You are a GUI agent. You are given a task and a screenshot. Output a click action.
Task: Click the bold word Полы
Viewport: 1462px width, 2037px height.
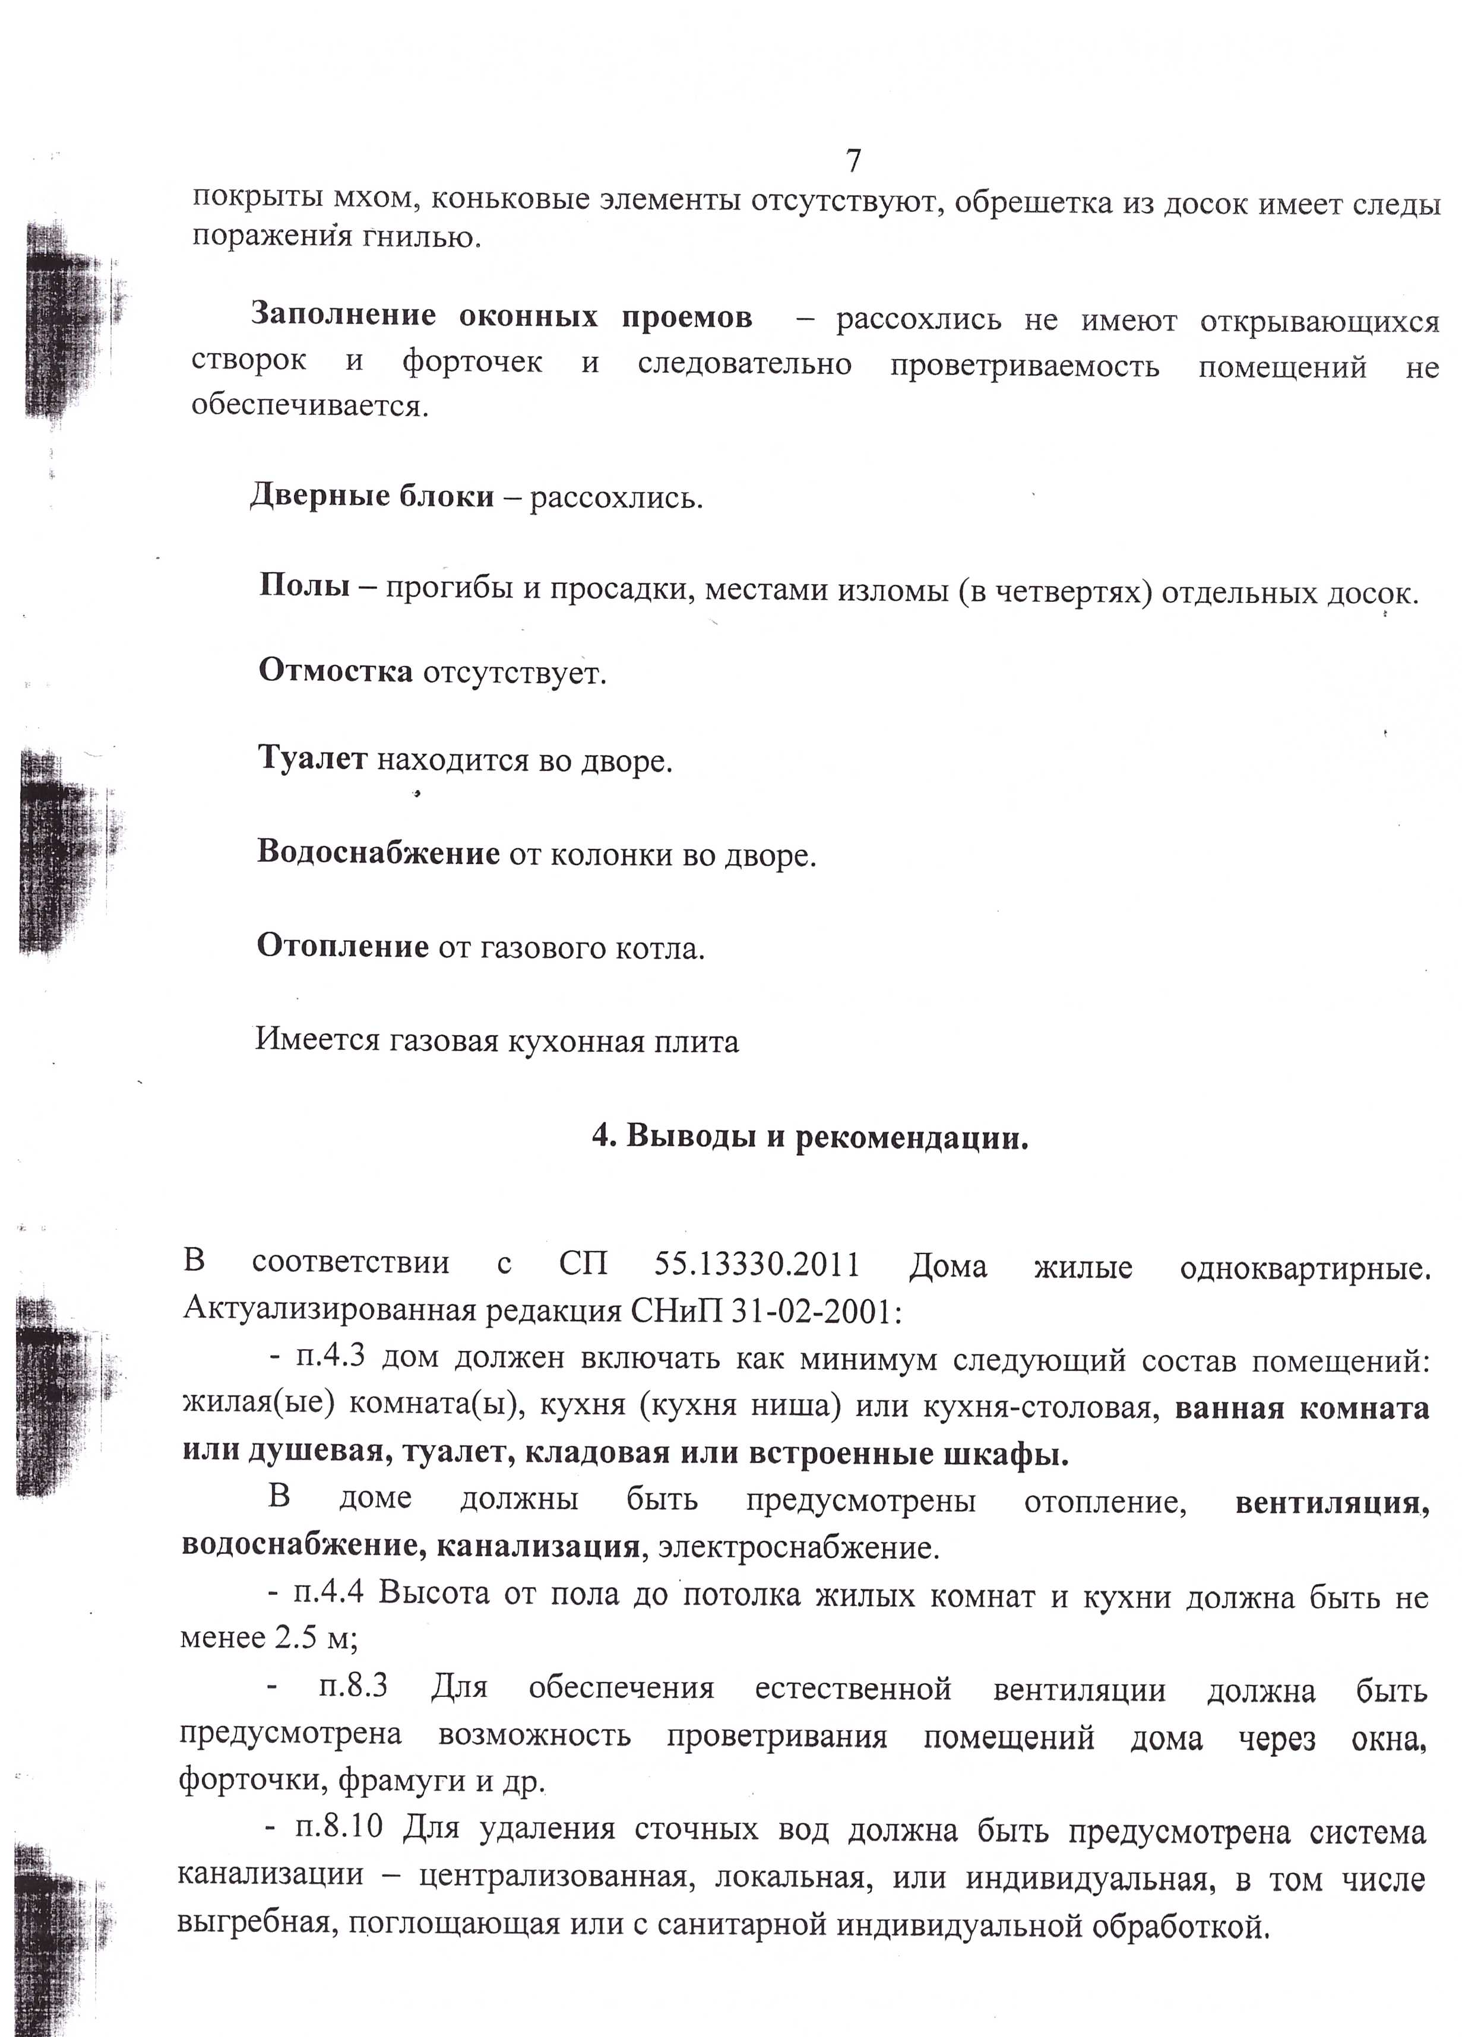pyautogui.click(x=303, y=586)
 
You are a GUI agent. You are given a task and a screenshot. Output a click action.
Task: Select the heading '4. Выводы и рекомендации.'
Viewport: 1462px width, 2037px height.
pyautogui.click(x=809, y=1138)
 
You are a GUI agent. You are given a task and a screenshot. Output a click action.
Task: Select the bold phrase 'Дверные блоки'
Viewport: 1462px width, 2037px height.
pyautogui.click(x=371, y=496)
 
